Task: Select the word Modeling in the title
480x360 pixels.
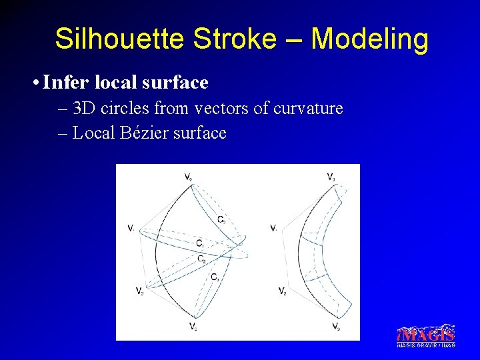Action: [369, 40]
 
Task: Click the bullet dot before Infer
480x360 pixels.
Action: [34, 83]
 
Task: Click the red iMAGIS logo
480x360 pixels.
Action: [426, 333]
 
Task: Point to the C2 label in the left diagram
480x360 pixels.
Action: [201, 259]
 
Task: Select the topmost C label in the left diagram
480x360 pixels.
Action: [221, 219]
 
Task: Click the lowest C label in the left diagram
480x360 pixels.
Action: [215, 277]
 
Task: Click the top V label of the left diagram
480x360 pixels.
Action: [189, 177]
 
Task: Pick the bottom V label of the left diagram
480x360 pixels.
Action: [191, 326]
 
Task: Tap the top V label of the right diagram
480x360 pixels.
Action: [331, 177]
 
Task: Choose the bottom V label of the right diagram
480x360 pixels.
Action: [336, 326]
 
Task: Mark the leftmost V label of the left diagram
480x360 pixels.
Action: [131, 228]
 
